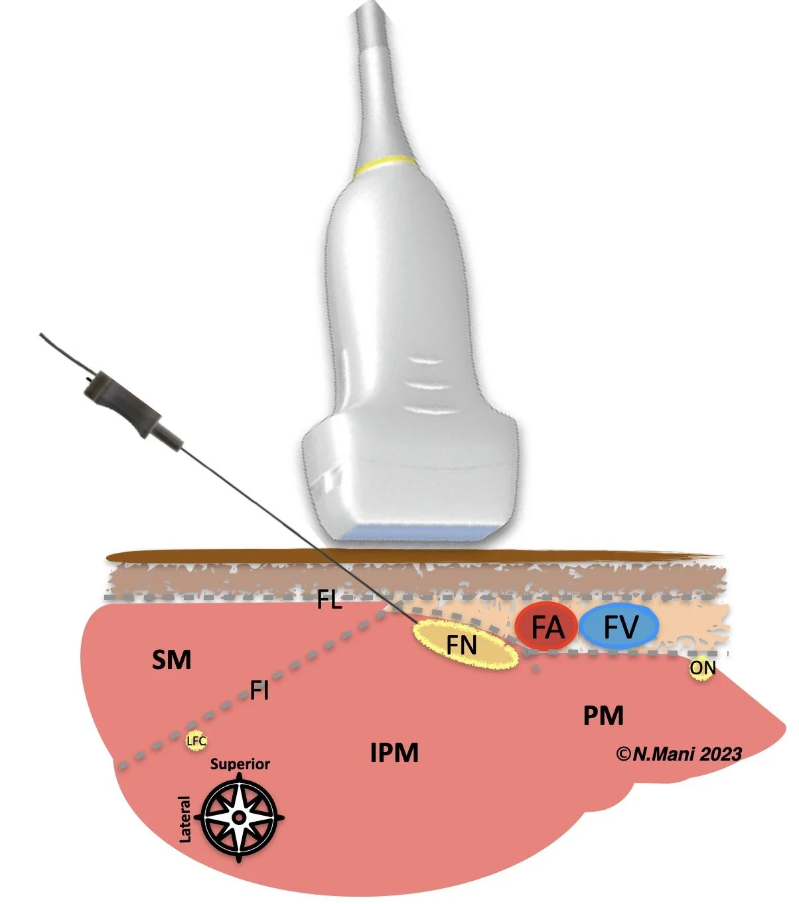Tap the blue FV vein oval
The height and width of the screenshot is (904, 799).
pyautogui.click(x=619, y=627)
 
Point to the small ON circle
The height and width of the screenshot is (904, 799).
pyautogui.click(x=702, y=668)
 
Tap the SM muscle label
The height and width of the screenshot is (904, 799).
pyautogui.click(x=171, y=660)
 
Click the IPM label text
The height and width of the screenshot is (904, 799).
pyautogui.click(x=394, y=753)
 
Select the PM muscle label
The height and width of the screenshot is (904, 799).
pyautogui.click(x=603, y=716)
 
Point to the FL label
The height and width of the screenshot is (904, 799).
pyautogui.click(x=329, y=603)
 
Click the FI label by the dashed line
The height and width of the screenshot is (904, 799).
pyautogui.click(x=259, y=691)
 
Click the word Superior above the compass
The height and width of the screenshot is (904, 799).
pyautogui.click(x=240, y=764)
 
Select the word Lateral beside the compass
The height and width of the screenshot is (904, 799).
pyautogui.click(x=185, y=820)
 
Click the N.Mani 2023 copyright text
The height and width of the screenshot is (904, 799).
pyautogui.click(x=678, y=753)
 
